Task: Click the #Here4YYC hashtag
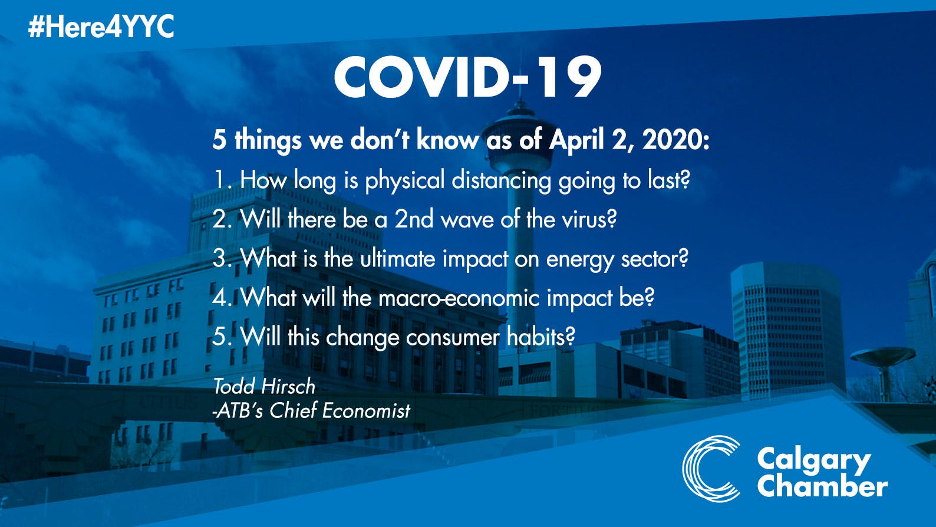click(x=101, y=27)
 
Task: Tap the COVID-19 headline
click(x=468, y=78)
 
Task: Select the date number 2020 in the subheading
click(x=676, y=140)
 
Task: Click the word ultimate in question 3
click(x=397, y=259)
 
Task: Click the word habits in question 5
click(x=540, y=337)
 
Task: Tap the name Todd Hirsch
click(x=264, y=386)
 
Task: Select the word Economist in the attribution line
click(x=366, y=411)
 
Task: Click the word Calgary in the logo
click(x=814, y=461)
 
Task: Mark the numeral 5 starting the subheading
click(x=219, y=141)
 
